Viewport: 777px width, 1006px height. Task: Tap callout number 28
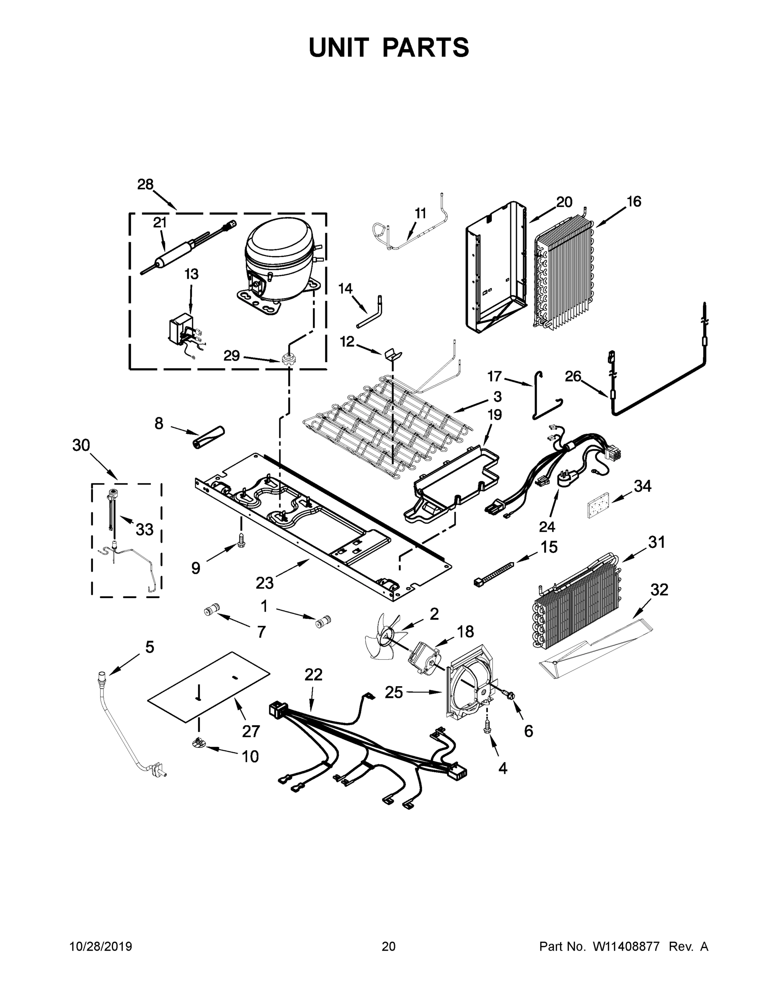(145, 185)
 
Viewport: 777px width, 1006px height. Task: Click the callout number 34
(643, 486)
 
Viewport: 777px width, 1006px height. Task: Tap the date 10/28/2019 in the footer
(101, 946)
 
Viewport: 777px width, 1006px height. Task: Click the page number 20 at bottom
(389, 946)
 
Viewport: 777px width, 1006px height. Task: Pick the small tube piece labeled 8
(208, 437)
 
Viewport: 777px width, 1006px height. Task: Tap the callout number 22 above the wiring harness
(313, 675)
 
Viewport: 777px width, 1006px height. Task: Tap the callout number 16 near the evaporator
(634, 202)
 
